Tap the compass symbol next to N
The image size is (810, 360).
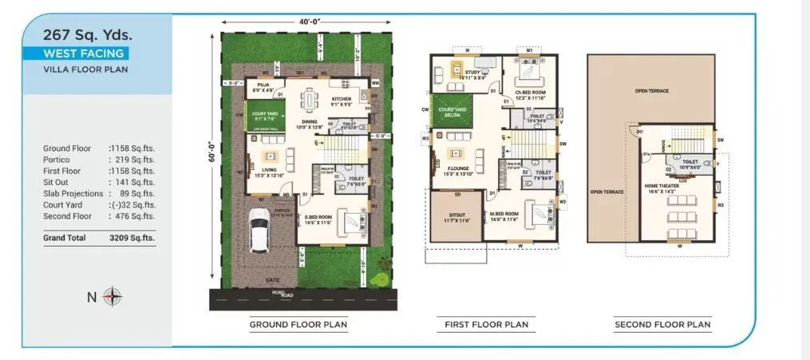(x=113, y=297)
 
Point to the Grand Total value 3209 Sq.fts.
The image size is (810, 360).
(x=132, y=237)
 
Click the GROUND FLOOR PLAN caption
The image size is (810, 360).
(x=298, y=325)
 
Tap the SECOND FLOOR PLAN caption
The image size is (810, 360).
(x=662, y=325)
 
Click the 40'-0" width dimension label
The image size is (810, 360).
(x=306, y=22)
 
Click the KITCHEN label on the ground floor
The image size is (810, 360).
(x=342, y=100)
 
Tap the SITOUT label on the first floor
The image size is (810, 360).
(x=456, y=216)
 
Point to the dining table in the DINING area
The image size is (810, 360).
(x=308, y=101)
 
